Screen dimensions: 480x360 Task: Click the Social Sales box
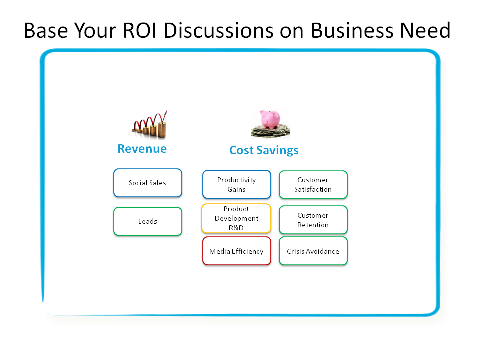tap(148, 183)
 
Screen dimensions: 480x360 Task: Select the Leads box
tap(148, 221)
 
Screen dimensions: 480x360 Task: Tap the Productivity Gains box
tap(237, 184)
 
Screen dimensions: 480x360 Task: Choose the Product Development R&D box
tap(236, 218)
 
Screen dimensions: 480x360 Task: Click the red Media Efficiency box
tap(237, 251)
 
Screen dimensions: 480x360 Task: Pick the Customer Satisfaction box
tap(313, 185)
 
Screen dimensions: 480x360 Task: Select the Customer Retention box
tap(313, 220)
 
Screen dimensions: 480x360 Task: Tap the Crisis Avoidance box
tap(313, 251)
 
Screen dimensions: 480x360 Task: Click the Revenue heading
tap(142, 149)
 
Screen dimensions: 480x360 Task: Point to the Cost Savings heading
tap(264, 150)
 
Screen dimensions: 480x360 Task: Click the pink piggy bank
tap(270, 119)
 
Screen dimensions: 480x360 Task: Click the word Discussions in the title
tap(218, 30)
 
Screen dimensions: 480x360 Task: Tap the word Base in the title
tap(46, 30)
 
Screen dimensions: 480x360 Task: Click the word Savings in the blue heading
tap(277, 151)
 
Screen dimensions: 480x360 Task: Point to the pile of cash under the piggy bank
tap(271, 131)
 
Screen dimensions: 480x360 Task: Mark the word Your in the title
tap(95, 30)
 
